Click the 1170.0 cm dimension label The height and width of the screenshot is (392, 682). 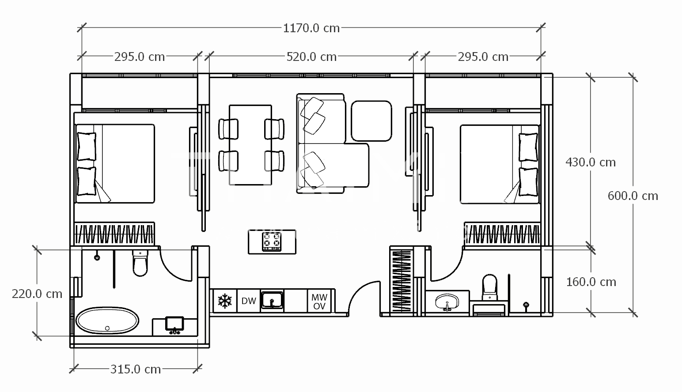tap(311, 28)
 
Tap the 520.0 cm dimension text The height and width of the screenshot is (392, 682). tap(311, 57)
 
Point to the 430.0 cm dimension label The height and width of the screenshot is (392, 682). tap(591, 162)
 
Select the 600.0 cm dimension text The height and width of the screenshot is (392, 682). tap(633, 196)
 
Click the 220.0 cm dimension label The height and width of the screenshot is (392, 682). tap(37, 294)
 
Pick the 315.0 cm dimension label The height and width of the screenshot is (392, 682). tap(136, 369)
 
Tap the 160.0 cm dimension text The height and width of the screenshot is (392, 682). tap(591, 282)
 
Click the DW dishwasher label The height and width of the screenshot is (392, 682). tap(248, 301)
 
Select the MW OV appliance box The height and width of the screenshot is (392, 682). tap(319, 301)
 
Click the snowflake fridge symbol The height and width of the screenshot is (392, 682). tap(225, 301)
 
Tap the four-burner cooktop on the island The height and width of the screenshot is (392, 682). tap(272, 241)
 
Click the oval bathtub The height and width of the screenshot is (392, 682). tap(107, 320)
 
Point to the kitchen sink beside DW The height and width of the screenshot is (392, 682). tap(272, 300)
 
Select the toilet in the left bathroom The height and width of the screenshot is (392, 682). tap(140, 263)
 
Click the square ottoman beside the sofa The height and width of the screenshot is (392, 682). tap(371, 121)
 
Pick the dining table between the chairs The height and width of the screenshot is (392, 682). tap(250, 145)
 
